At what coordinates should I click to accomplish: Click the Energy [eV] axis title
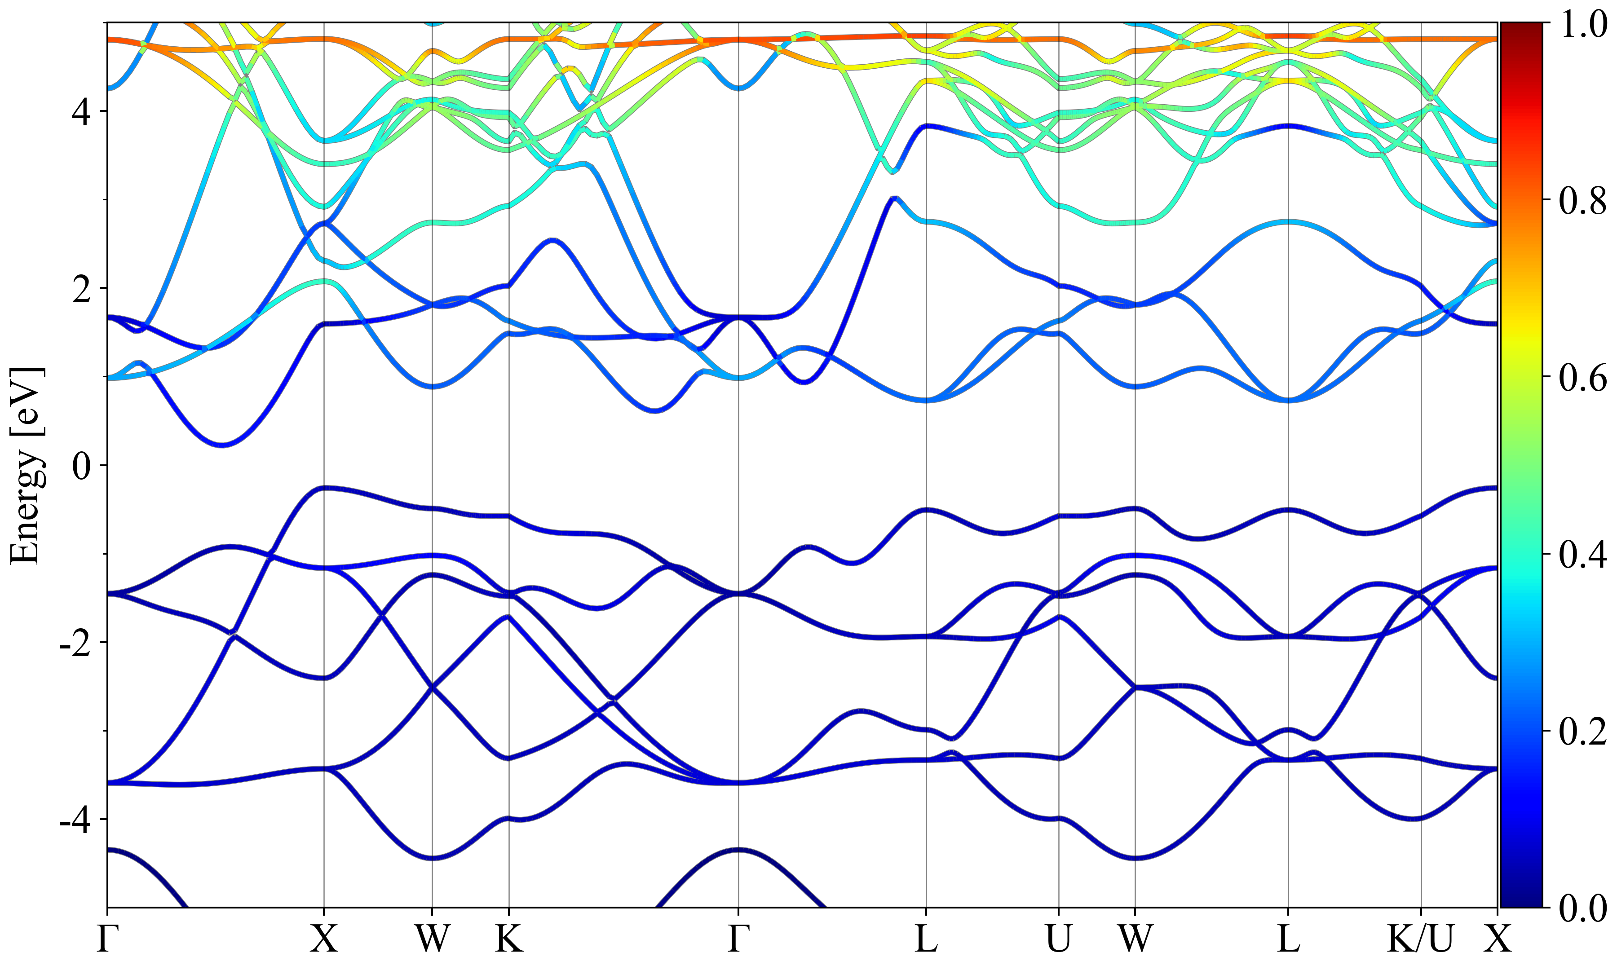pos(27,465)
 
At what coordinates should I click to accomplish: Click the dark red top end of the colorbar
pos(1521,29)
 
